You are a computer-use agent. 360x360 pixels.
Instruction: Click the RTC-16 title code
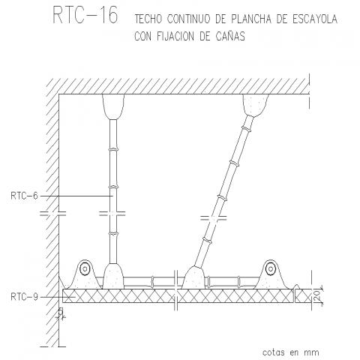tap(85, 15)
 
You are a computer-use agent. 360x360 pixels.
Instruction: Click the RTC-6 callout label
tap(24, 196)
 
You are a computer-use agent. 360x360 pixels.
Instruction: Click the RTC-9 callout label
tap(24, 297)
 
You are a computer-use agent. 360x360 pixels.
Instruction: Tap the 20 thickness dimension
tap(316, 296)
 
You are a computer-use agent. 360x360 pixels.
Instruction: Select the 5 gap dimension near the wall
tap(60, 311)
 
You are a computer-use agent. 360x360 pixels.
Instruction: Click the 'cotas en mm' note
tap(291, 352)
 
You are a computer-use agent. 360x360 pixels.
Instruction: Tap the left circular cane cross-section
tap(85, 269)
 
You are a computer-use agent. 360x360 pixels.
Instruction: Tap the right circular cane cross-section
tap(270, 269)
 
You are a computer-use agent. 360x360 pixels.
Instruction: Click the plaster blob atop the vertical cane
tap(113, 106)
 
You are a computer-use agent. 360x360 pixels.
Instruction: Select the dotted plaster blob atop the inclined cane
tap(255, 105)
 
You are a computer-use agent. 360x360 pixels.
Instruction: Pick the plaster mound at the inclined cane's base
tap(194, 277)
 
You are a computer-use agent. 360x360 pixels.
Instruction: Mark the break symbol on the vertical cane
tap(112, 214)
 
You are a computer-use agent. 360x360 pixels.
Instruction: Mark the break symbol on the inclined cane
tap(214, 218)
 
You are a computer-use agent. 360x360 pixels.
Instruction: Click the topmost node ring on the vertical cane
tap(113, 149)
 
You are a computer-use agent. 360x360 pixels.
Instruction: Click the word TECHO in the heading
tap(148, 19)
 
